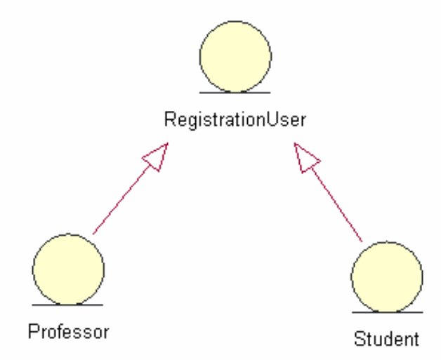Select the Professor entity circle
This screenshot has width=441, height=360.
point(68,269)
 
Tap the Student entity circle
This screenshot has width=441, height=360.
point(387,276)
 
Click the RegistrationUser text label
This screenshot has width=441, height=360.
point(235,119)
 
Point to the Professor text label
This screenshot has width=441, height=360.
point(69,331)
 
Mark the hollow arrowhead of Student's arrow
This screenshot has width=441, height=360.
point(307,156)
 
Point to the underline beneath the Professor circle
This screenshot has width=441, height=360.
point(68,305)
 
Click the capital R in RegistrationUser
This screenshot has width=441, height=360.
point(169,119)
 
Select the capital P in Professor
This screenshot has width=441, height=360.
point(32,331)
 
